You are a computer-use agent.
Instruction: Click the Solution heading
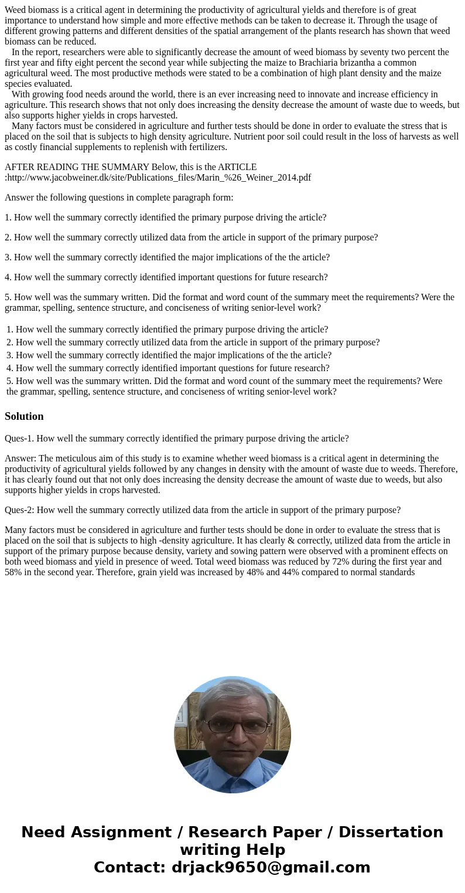pyautogui.click(x=24, y=416)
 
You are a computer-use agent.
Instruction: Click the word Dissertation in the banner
pyautogui.click(x=391, y=833)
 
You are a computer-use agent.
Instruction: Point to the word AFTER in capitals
pyautogui.click(x=19, y=167)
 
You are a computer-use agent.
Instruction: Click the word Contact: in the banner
pyautogui.click(x=129, y=868)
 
